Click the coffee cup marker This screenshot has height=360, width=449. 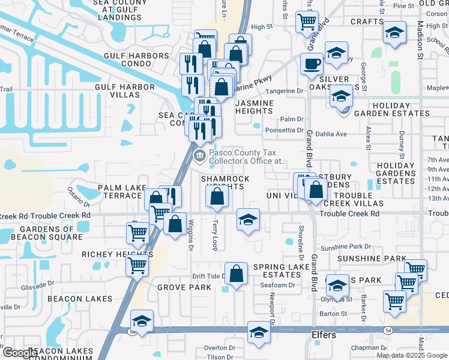pos(312,63)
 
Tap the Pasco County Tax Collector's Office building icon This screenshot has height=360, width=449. pos(199,157)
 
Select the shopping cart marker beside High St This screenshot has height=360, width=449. pos(307,22)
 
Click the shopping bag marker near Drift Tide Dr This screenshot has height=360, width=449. pos(237,274)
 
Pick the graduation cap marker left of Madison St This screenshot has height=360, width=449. pos(394,32)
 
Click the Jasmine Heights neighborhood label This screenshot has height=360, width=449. pos(255,107)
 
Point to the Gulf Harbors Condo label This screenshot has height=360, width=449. pos(137,60)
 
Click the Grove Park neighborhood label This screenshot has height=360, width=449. pos(184,287)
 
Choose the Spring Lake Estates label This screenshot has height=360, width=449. pos(276,271)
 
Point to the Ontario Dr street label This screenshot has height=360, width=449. pos(78,196)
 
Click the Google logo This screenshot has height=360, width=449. pos(19,353)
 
